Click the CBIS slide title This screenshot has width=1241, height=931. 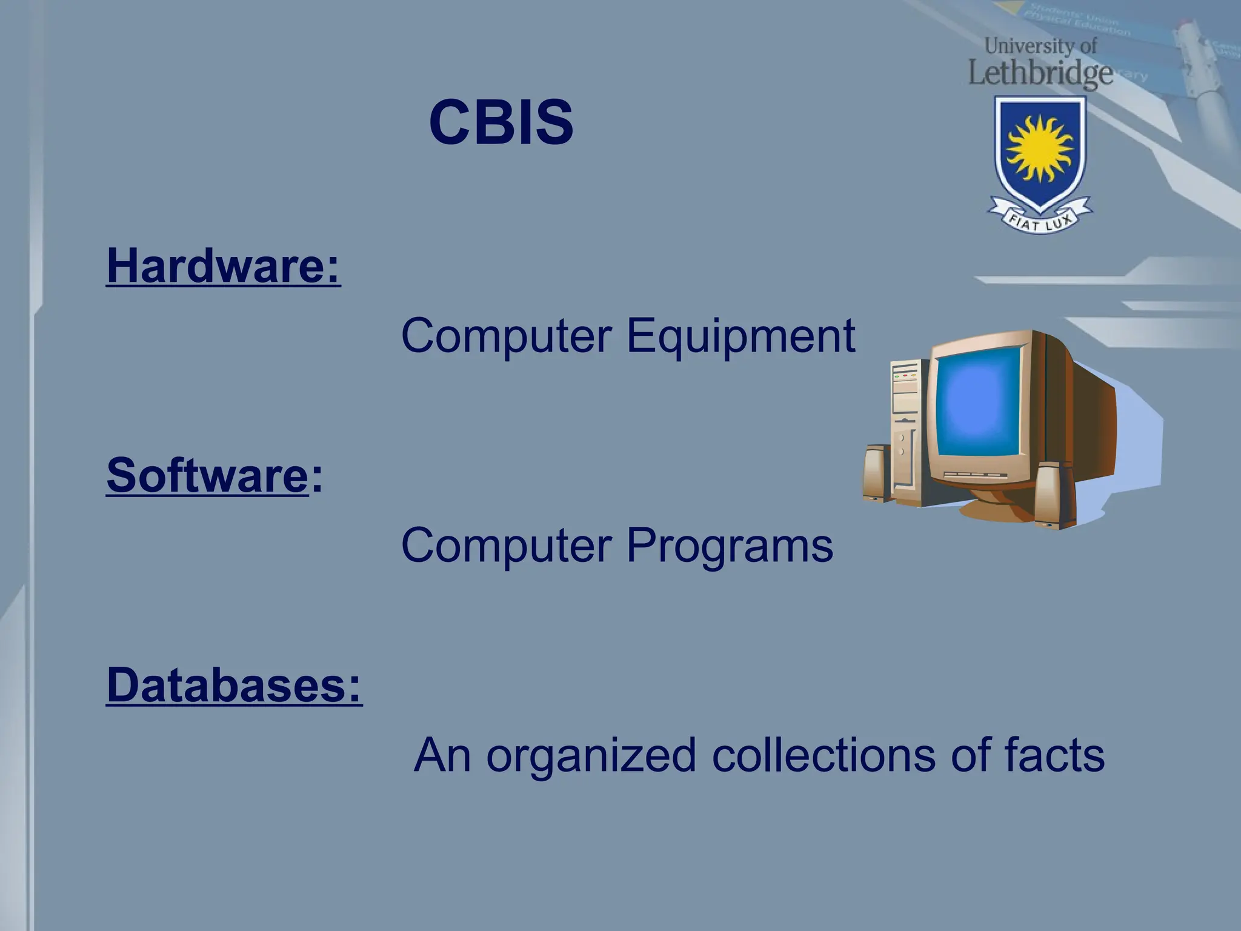[x=501, y=122]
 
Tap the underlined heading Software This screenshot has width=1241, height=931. [x=207, y=475]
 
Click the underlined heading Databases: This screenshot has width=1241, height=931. [x=234, y=685]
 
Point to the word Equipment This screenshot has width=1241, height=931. [x=740, y=336]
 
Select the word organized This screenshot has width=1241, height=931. [x=591, y=755]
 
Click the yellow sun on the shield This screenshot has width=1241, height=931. [x=1040, y=148]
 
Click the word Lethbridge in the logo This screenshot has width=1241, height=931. [x=1040, y=74]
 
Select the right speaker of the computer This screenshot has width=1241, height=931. [x=1053, y=494]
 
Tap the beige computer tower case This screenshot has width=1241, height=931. [x=907, y=430]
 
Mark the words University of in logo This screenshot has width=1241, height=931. [x=1040, y=46]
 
